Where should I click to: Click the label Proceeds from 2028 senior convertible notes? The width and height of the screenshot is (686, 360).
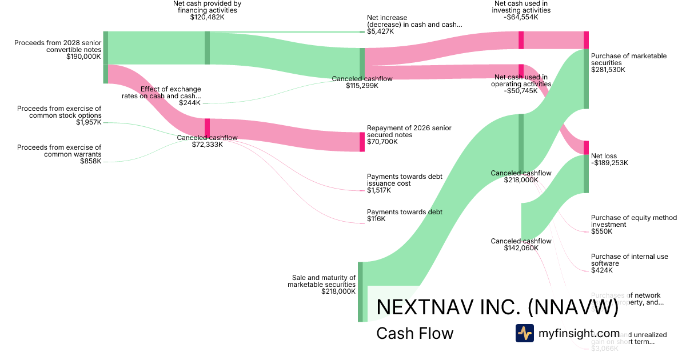(x=58, y=46)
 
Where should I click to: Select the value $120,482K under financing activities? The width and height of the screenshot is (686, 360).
(x=207, y=18)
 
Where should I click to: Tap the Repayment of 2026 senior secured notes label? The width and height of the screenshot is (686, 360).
(x=409, y=131)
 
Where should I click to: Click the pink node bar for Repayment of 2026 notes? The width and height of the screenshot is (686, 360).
(x=362, y=142)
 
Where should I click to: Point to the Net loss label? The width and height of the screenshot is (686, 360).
(x=604, y=156)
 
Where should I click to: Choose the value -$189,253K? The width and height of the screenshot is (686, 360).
(x=609, y=163)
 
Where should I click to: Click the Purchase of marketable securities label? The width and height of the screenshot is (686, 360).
(x=629, y=59)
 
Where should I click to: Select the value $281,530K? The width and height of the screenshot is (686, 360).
(x=608, y=70)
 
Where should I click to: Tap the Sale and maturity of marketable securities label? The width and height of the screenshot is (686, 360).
(x=321, y=281)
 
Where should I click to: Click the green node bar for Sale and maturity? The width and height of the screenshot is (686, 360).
(x=360, y=291)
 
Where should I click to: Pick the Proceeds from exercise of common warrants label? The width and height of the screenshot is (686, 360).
(x=59, y=151)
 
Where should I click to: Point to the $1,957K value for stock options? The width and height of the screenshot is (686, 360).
(x=89, y=122)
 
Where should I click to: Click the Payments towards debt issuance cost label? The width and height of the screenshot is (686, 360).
(x=405, y=180)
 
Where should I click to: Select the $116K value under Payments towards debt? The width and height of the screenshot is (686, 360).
(x=376, y=219)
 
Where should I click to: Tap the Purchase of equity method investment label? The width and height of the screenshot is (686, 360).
(x=633, y=221)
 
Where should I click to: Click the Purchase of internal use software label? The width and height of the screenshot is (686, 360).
(x=629, y=260)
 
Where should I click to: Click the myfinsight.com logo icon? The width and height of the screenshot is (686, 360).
(x=525, y=333)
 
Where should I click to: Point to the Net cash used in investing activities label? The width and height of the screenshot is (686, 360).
(x=522, y=7)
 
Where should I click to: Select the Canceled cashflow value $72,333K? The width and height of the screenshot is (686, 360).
(x=208, y=145)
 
